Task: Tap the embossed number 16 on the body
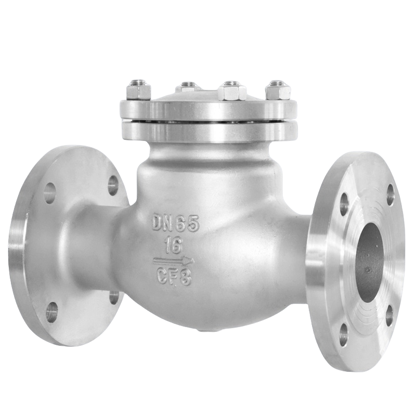point(174,245)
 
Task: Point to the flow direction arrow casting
point(174,261)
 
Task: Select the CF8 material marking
point(174,277)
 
